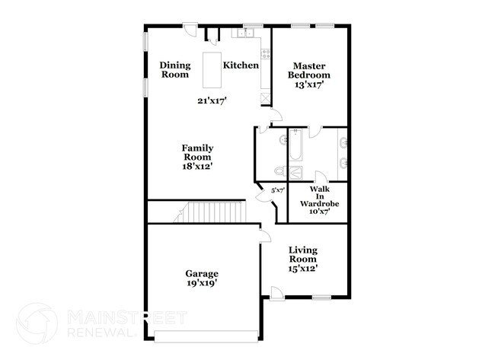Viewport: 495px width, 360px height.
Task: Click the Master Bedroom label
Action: pyautogui.click(x=309, y=70)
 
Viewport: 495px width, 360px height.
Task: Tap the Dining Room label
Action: pyautogui.click(x=174, y=70)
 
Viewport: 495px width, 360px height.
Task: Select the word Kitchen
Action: pyautogui.click(x=241, y=65)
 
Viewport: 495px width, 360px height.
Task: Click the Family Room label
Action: pyautogui.click(x=196, y=152)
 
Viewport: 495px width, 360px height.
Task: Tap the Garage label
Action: pyautogui.click(x=202, y=273)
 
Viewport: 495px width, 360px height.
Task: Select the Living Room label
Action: pyautogui.click(x=302, y=255)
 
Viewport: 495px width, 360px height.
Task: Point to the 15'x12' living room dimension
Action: pyautogui.click(x=302, y=268)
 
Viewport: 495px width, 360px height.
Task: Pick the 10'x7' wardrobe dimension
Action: pyautogui.click(x=324, y=212)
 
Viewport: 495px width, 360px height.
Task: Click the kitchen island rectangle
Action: pyautogui.click(x=211, y=71)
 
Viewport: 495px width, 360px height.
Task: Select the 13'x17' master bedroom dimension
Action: pyautogui.click(x=309, y=85)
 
